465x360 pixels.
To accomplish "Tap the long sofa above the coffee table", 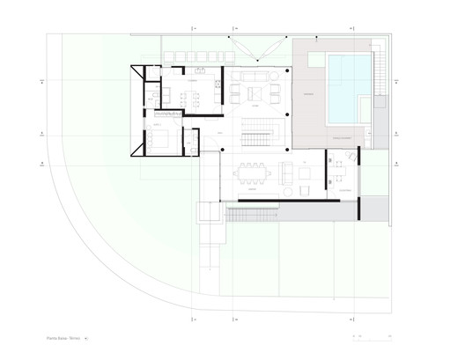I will click(x=255, y=76).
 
